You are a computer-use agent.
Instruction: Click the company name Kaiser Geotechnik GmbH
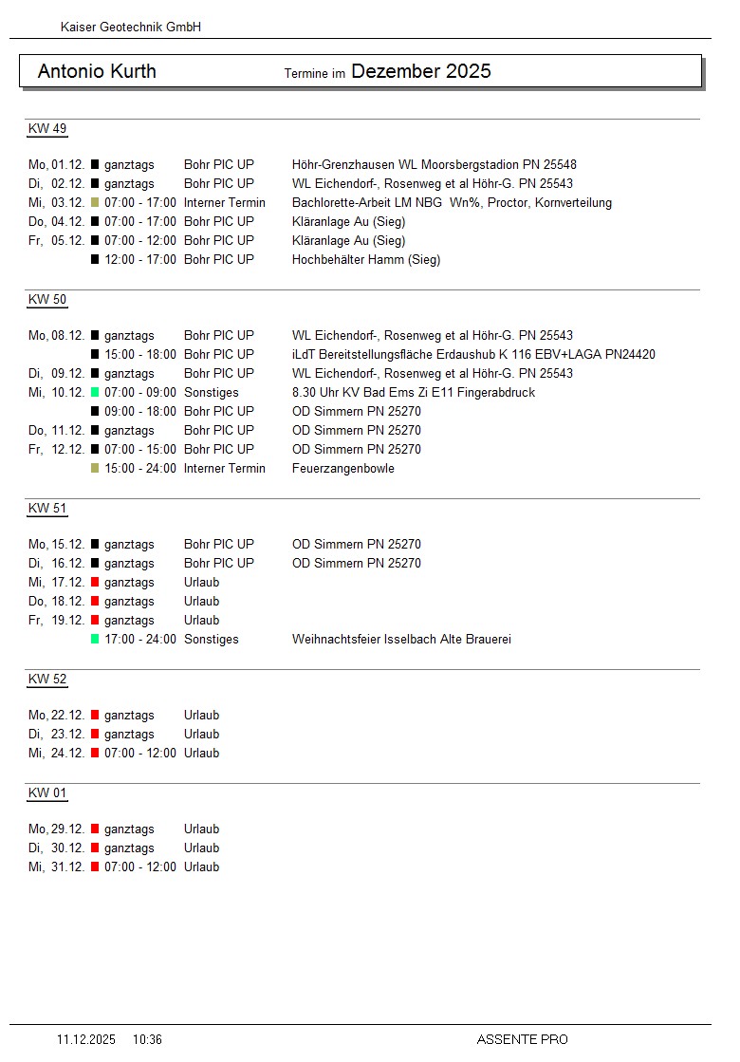tap(130, 28)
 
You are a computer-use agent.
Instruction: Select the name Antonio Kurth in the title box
tap(97, 72)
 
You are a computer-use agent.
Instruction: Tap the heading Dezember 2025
tap(420, 71)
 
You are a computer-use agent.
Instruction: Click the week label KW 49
tap(47, 129)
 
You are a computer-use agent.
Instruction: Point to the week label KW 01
tap(47, 793)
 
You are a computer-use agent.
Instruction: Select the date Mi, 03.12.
tap(57, 203)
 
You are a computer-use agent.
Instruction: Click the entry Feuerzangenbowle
tap(342, 469)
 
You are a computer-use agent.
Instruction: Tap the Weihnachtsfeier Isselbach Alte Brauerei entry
tap(401, 640)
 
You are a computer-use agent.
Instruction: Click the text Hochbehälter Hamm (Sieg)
tap(365, 260)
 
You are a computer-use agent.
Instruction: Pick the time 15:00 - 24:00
tap(140, 469)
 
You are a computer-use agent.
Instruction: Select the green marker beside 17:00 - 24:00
tap(95, 640)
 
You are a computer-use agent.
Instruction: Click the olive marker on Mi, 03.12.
tap(95, 203)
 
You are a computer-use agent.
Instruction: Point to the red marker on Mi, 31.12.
tap(95, 867)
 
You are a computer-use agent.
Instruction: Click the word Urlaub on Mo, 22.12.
tap(201, 716)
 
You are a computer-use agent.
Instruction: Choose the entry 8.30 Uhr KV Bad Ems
tap(413, 393)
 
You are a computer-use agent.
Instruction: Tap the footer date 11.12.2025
tap(86, 1040)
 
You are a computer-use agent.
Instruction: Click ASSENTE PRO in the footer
tap(522, 1040)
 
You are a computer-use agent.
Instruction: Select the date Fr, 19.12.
tap(57, 621)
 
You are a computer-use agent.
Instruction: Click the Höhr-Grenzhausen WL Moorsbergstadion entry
tap(434, 165)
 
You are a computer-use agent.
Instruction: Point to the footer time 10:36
tap(147, 1040)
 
